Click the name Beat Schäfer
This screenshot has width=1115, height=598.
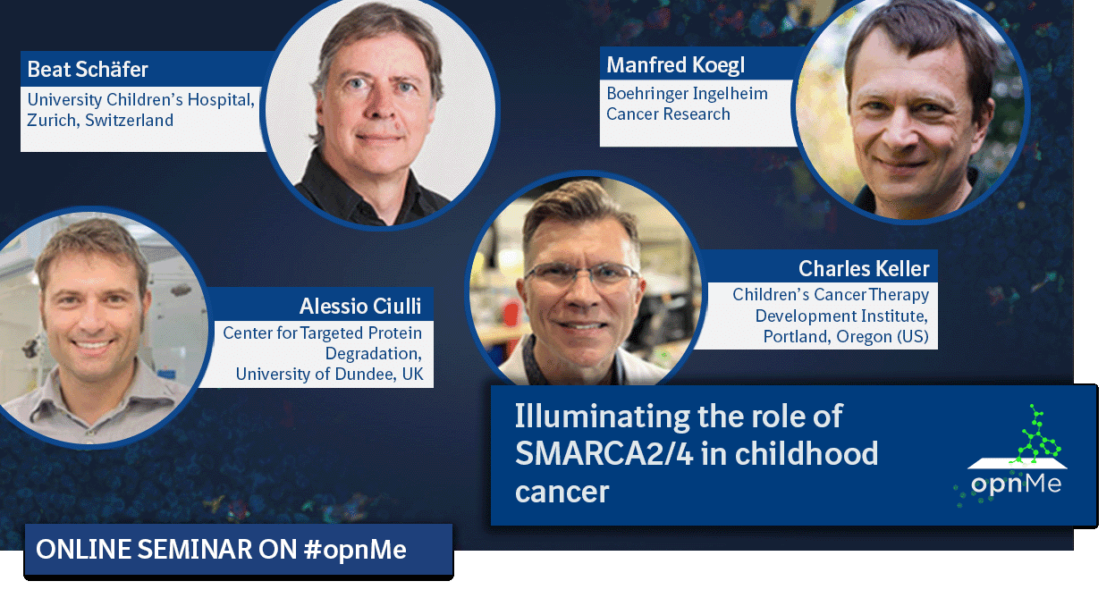88,69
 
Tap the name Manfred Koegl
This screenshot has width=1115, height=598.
675,65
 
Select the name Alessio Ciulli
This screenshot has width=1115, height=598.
360,306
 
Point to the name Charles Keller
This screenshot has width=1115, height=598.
864,269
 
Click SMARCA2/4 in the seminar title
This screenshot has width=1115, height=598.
604,454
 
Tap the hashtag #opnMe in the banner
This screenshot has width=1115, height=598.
355,550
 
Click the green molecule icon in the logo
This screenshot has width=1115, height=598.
1036,436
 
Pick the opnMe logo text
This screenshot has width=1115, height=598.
1016,483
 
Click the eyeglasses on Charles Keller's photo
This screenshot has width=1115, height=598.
581,274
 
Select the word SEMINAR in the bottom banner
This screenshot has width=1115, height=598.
195,550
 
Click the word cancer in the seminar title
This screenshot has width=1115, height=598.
562,492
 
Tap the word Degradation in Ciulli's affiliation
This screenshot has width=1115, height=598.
374,354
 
